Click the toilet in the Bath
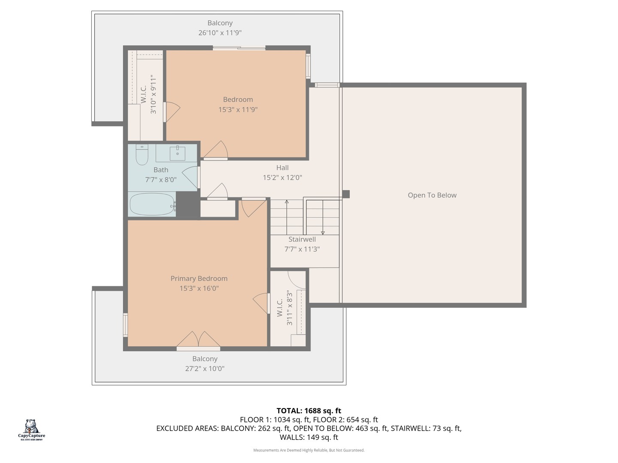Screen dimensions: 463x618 (x=142, y=155)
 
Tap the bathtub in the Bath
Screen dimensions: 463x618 (x=152, y=204)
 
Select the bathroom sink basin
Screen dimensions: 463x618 (x=177, y=153)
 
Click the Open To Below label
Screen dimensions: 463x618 (x=432, y=195)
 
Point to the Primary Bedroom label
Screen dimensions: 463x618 (x=199, y=279)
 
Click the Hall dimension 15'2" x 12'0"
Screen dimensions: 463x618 (x=282, y=177)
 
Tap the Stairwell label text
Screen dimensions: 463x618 (x=302, y=240)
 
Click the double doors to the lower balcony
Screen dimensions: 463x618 (x=198, y=340)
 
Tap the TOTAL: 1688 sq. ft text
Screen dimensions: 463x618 (x=309, y=411)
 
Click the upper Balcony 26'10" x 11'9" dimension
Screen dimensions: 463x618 (x=220, y=33)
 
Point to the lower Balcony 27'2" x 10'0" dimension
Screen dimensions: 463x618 (x=205, y=369)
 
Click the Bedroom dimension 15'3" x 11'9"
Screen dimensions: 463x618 (x=238, y=110)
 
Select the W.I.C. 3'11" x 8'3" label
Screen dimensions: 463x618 (x=285, y=308)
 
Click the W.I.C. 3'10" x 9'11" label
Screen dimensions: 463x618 (x=148, y=94)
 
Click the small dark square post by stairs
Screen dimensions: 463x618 (x=346, y=194)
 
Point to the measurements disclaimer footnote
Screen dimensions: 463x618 (x=309, y=450)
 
